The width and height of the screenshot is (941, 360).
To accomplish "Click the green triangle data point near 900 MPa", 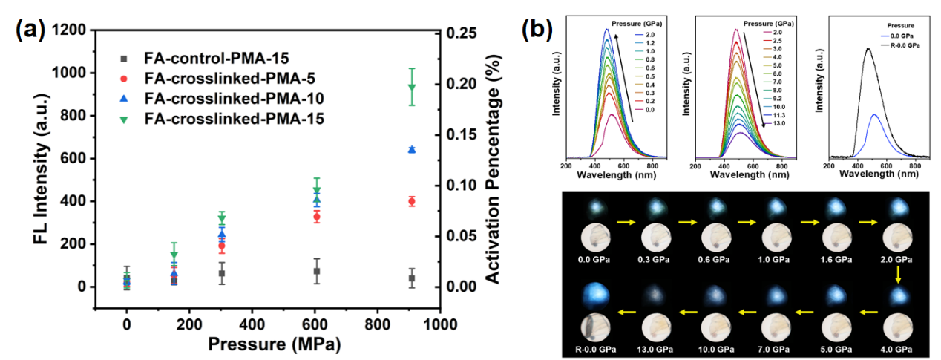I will (411, 87).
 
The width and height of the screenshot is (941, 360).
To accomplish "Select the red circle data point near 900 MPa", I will (411, 201).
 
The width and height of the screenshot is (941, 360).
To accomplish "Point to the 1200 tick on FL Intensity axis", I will (76, 30).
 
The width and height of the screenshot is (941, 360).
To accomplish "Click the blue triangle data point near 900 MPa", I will (411, 149).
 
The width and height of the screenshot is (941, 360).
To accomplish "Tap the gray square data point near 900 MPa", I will (411, 278).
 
